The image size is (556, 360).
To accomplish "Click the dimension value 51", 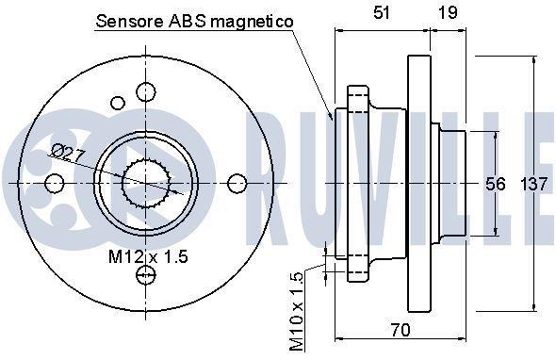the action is coord(381,13).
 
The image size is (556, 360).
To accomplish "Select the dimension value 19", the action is coord(447,13).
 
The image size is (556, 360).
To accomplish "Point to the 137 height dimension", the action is coord(534,184).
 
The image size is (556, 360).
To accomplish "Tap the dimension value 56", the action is coord(495,184).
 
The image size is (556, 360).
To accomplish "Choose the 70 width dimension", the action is coord(401,330).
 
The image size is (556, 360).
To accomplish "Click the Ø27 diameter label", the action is coord(69,153).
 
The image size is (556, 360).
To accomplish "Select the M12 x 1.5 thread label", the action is coord(148,256).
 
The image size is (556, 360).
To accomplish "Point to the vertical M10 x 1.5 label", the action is coord(297,311).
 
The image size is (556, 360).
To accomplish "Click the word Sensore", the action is coord(130,22).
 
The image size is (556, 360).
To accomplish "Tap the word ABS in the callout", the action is coord(187,22).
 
